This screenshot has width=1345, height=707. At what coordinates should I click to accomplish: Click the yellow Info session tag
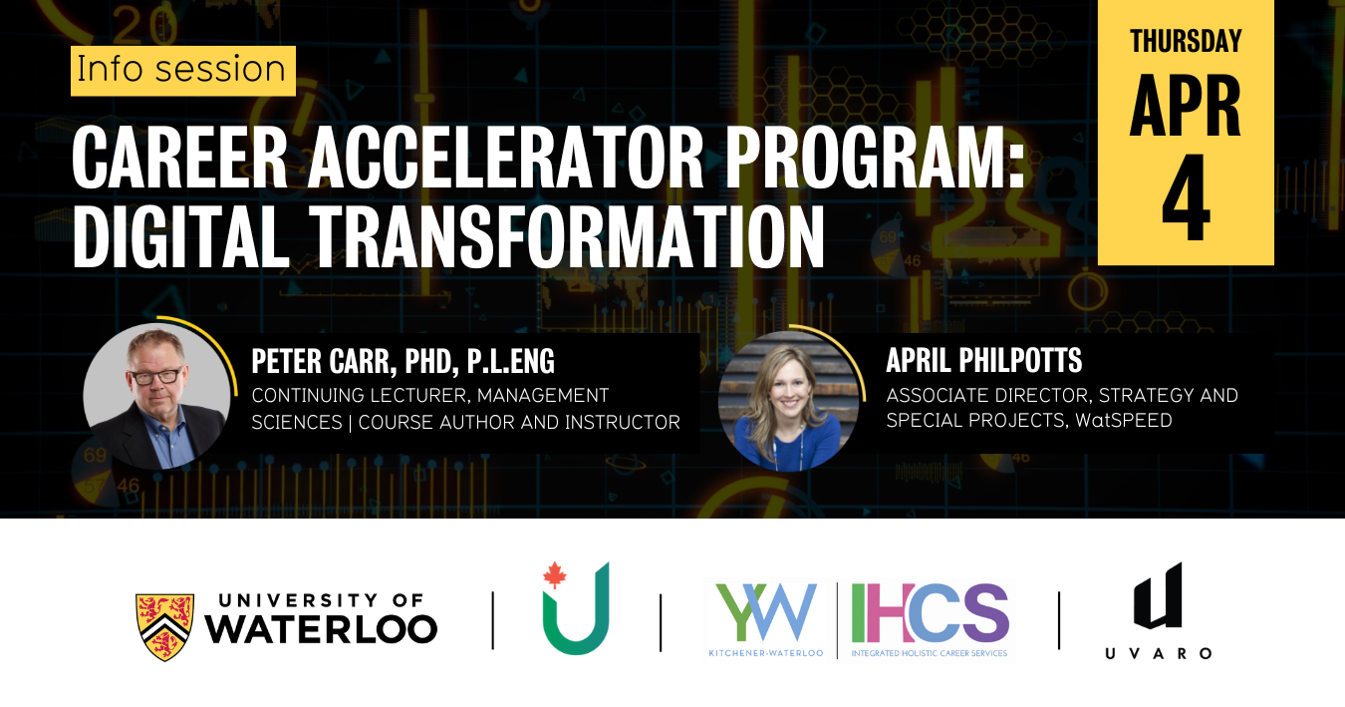tap(182, 70)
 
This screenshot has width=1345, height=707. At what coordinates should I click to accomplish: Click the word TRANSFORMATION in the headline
tap(567, 238)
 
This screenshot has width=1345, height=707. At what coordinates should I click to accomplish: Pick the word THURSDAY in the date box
tap(1186, 41)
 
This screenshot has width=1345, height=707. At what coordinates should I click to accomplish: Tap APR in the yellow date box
tap(1186, 106)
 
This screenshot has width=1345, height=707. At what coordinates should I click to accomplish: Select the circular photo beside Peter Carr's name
tap(156, 395)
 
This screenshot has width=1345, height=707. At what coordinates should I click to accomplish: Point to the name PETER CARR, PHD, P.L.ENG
tap(403, 361)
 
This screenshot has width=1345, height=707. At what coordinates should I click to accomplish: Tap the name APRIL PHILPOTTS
tap(983, 361)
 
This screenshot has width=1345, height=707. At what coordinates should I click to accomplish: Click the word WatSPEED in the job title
tap(1125, 421)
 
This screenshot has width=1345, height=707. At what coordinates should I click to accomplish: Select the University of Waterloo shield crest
tap(165, 626)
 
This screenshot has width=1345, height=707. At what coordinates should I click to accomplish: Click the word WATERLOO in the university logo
tap(321, 628)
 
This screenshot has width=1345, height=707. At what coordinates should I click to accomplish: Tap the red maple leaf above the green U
tap(554, 575)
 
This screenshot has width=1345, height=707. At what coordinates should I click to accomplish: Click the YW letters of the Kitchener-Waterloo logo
tap(766, 612)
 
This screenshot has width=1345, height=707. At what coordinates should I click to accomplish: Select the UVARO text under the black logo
tap(1158, 653)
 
